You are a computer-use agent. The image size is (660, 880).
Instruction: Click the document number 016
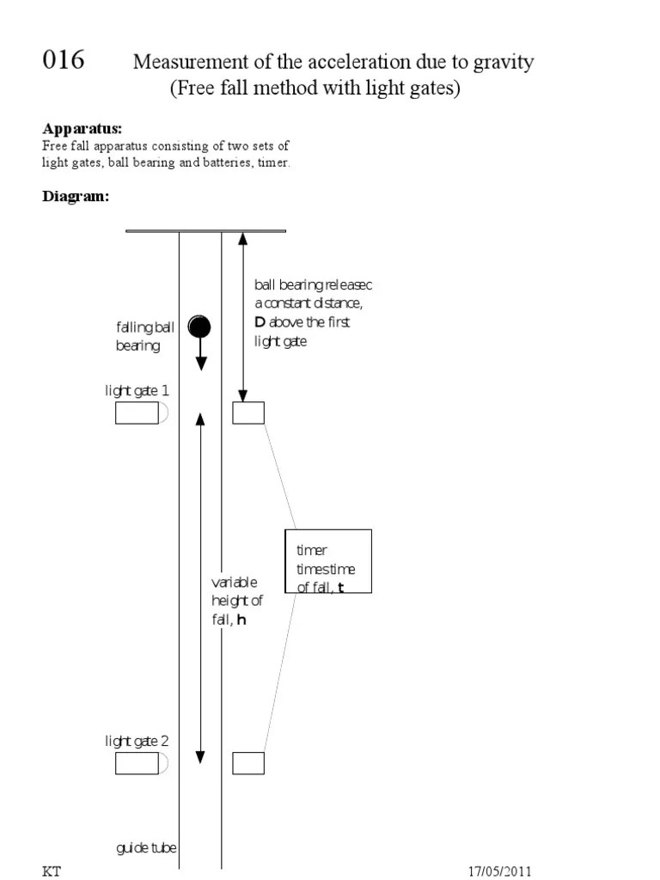[64, 61]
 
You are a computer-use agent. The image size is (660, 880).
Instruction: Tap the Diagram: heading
[76, 196]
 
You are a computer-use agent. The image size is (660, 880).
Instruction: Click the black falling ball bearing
[200, 327]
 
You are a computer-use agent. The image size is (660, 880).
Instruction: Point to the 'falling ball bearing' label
[144, 336]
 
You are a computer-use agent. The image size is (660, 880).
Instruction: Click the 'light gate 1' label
[137, 391]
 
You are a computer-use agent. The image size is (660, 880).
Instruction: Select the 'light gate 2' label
[137, 741]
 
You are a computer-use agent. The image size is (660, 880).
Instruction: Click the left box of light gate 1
[137, 413]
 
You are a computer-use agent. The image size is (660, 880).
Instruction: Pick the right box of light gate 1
[248, 413]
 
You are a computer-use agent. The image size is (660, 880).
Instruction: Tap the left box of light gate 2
[137, 763]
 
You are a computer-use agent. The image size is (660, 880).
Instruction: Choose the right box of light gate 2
[248, 763]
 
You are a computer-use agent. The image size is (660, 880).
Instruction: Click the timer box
[328, 560]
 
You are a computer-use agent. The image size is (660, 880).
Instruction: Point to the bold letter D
[260, 323]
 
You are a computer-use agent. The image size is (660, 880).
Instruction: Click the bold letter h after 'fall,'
[241, 619]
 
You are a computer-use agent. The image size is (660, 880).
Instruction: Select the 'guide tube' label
[146, 848]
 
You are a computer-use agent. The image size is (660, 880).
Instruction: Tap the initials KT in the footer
[52, 871]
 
